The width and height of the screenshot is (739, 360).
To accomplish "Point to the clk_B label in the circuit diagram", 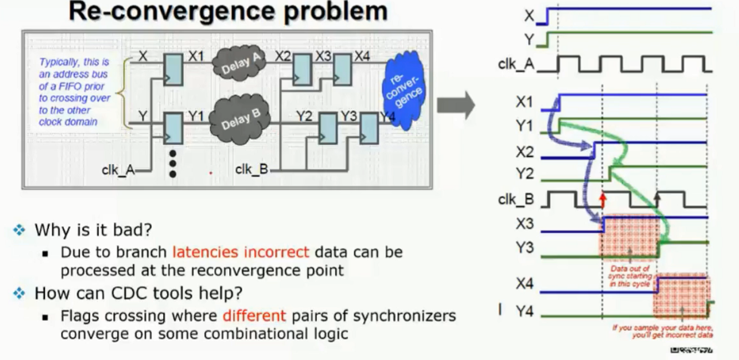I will [x=251, y=169].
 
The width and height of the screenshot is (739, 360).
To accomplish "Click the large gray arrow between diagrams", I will [x=455, y=104].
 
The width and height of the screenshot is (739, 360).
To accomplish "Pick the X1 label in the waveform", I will [x=524, y=102].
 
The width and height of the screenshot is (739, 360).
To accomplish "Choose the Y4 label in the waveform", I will [x=524, y=312].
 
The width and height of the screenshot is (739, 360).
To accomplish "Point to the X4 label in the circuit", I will [x=362, y=57].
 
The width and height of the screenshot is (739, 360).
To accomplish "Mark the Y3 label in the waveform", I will [x=524, y=247].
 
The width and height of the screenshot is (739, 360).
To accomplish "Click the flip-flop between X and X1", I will [x=173, y=70].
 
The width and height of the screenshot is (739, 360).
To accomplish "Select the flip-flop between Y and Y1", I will [x=173, y=128].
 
